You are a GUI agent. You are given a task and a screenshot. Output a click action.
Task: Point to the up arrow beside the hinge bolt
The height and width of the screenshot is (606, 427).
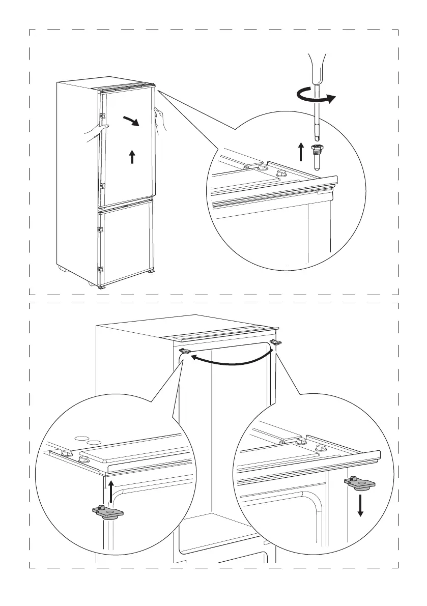coord(301,152)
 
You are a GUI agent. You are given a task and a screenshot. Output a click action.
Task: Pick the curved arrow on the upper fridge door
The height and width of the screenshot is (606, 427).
coord(131,121)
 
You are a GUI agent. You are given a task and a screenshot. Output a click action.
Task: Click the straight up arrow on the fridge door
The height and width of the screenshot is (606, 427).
coord(132,156)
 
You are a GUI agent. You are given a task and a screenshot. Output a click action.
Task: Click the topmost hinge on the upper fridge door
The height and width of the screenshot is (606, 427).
coord(102,118)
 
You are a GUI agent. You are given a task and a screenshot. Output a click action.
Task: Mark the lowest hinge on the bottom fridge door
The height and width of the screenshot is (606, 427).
coord(101,269)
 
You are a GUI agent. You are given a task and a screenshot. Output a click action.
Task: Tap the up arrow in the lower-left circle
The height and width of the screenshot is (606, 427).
coord(111,490)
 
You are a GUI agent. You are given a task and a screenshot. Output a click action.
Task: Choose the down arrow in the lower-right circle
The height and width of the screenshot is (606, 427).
coord(360,504)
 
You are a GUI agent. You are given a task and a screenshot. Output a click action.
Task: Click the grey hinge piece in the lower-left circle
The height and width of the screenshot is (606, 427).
coord(108,511)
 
